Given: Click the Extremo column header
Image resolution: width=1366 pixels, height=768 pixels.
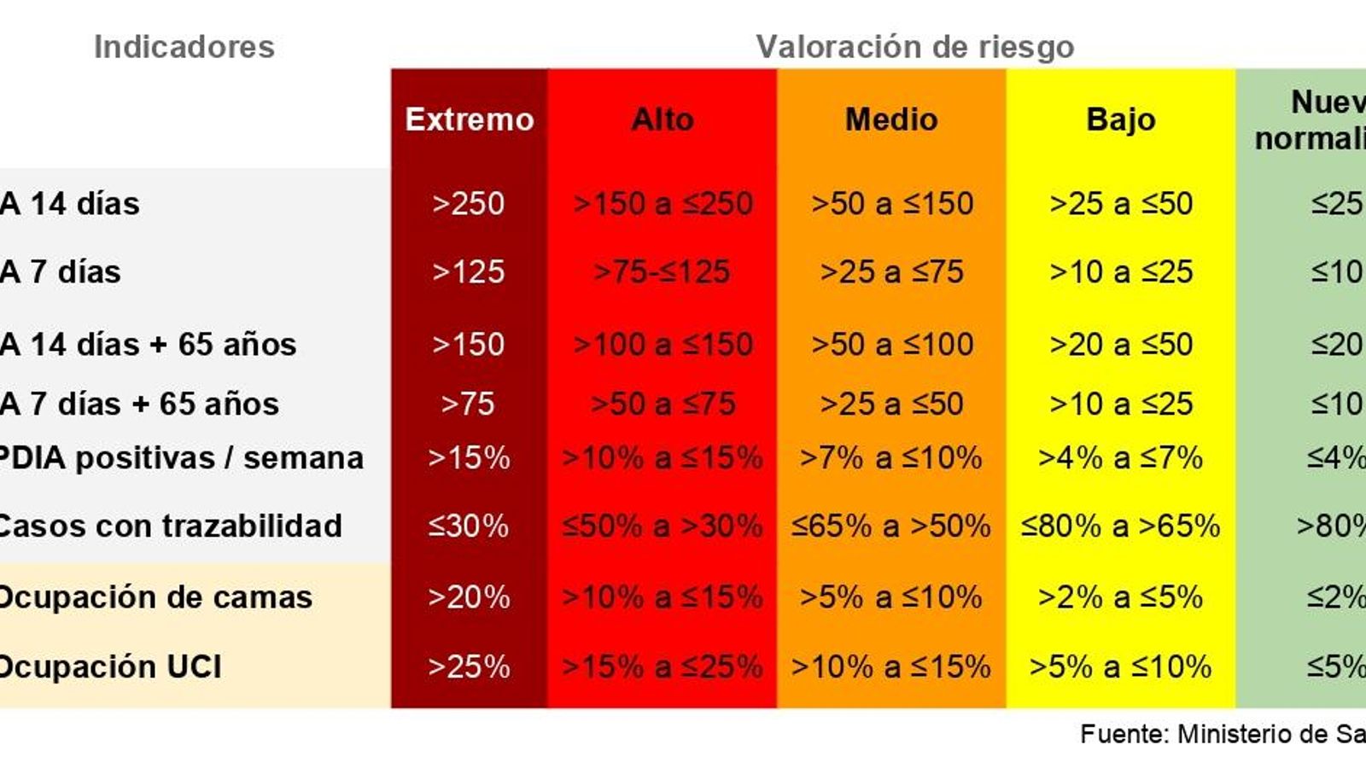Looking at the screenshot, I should coord(469,119).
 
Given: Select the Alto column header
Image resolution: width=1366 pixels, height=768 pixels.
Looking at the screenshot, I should coord(662,119).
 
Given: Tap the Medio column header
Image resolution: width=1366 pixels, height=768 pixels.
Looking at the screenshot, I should coord(891,119).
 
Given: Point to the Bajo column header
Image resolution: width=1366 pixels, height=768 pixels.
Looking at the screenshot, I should coord(1120,119).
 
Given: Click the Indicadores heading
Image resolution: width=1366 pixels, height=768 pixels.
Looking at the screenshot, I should coord(184,47).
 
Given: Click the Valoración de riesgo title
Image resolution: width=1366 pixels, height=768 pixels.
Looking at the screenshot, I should coord(914,47).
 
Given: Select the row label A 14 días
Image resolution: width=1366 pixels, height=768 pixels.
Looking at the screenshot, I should coord(70,204).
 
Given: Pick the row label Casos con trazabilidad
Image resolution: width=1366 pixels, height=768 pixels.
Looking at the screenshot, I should coord(170,526).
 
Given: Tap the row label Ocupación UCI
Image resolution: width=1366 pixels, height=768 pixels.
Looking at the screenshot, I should coord(110,666).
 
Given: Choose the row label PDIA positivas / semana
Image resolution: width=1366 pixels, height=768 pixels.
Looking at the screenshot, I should coord(181,458).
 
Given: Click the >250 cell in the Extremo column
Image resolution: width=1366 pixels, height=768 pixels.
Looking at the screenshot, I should coord(468,204).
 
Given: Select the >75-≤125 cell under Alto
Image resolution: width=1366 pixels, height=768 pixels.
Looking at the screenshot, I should coord(662,272).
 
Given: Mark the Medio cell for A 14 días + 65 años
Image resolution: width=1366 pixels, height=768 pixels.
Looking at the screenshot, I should coord(891,345).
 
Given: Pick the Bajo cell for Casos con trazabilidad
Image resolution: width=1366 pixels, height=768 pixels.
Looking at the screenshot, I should coord(1120,526).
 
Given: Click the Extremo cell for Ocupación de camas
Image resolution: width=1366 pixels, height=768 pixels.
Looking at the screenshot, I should coord(468,597).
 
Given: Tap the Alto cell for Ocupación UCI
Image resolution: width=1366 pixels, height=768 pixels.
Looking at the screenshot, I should coord(662,666).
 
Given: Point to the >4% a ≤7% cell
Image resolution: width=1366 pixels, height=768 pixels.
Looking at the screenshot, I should coord(1120,458).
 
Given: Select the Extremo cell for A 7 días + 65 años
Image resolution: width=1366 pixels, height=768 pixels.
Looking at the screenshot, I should coord(468,404).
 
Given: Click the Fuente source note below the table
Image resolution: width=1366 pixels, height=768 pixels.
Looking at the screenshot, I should coord(1221,734).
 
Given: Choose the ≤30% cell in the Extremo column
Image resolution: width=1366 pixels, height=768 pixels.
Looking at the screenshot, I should coord(468,526).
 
